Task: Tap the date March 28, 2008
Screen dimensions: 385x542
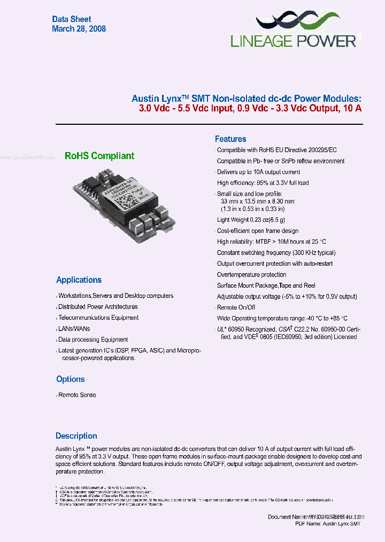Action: point(79,29)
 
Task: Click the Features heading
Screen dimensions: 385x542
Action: point(230,139)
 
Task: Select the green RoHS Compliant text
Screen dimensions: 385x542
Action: point(99,156)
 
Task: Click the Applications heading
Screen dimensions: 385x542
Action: point(79,280)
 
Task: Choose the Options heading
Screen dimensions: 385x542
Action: point(71,379)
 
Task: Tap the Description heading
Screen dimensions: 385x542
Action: point(76,435)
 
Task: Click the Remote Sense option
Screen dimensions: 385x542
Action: point(77,395)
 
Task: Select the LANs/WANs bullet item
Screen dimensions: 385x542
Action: point(74,328)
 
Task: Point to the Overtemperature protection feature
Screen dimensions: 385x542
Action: point(251,275)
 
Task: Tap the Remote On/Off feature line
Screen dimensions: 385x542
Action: point(236,307)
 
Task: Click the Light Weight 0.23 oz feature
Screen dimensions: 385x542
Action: point(251,220)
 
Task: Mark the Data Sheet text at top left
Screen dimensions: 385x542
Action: point(72,19)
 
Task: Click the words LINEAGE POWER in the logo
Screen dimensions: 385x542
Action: point(293,41)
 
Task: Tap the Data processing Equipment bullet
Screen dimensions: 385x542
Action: point(93,340)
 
